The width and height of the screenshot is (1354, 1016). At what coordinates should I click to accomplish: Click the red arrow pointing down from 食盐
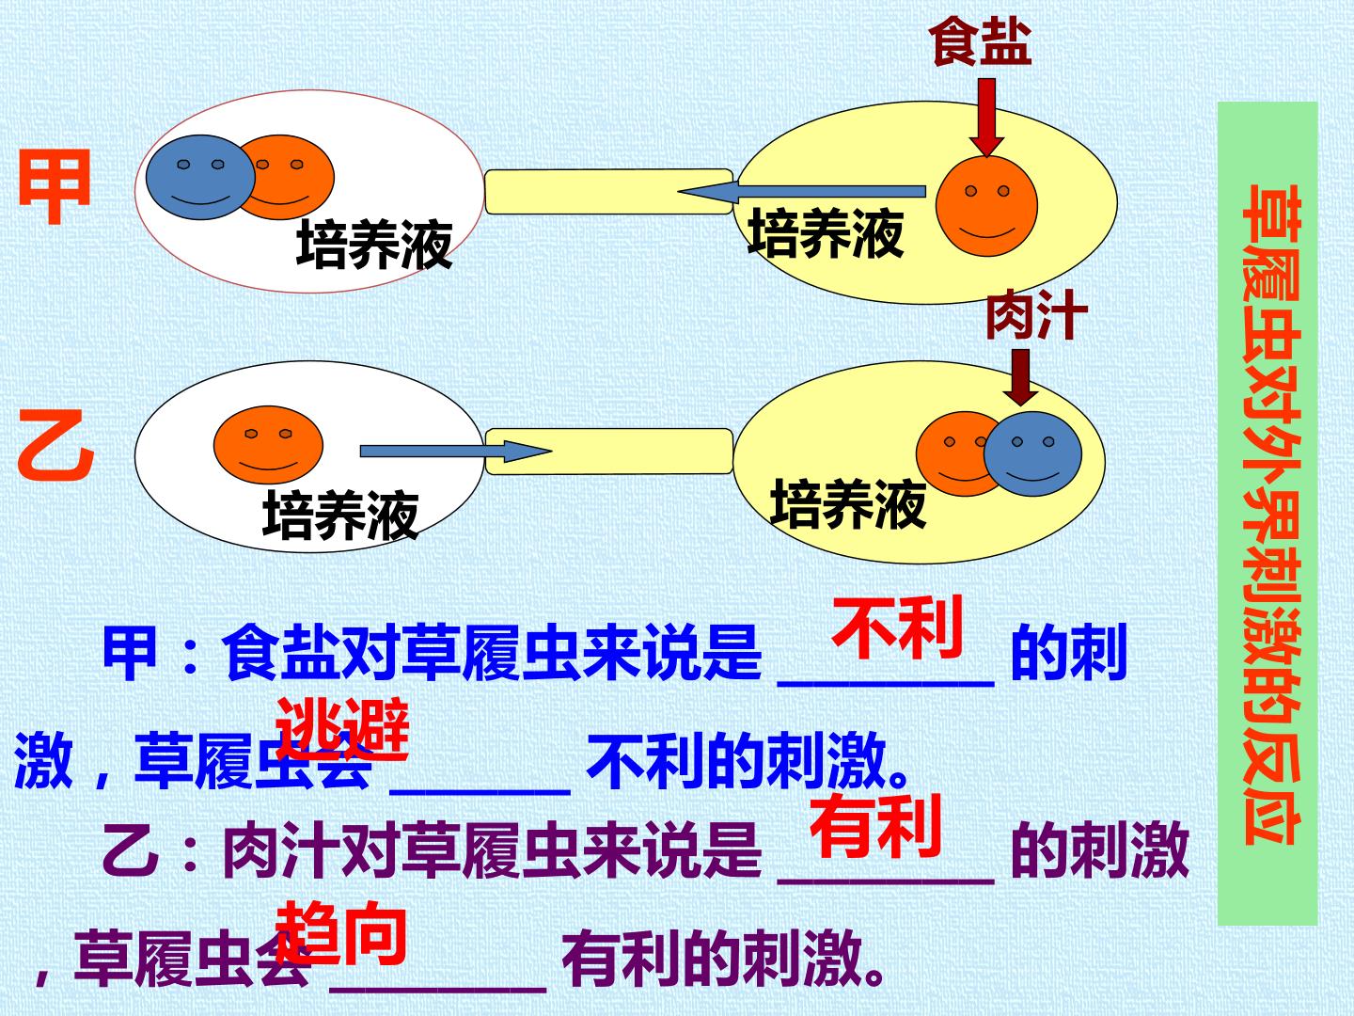[986, 117]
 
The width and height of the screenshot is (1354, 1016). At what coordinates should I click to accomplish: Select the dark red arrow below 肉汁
[1021, 376]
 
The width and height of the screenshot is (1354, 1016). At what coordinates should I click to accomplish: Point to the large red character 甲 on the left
[55, 187]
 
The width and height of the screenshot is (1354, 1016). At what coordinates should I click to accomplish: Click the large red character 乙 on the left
[55, 444]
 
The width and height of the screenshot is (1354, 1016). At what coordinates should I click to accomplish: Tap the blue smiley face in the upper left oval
[200, 178]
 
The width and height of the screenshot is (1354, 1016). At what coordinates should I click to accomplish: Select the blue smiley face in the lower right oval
[1032, 454]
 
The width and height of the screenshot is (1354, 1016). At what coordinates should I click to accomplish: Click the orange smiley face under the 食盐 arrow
[986, 206]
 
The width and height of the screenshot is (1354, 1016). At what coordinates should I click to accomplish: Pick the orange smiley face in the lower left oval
[268, 445]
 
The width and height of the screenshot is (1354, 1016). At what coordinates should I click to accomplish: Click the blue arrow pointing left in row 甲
[802, 191]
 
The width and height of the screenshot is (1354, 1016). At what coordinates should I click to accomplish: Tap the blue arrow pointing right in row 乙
[455, 451]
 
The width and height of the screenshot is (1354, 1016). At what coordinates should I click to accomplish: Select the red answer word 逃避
[343, 730]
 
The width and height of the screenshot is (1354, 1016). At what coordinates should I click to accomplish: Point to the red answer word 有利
[876, 827]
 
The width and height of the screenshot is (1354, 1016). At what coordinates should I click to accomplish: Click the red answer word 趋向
[341, 933]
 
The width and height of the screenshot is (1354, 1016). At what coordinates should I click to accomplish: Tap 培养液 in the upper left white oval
[374, 245]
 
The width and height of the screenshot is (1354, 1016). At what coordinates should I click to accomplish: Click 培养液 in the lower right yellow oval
[849, 505]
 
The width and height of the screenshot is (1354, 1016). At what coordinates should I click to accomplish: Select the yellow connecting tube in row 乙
[609, 452]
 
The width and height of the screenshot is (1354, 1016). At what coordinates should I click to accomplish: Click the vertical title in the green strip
[1270, 515]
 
